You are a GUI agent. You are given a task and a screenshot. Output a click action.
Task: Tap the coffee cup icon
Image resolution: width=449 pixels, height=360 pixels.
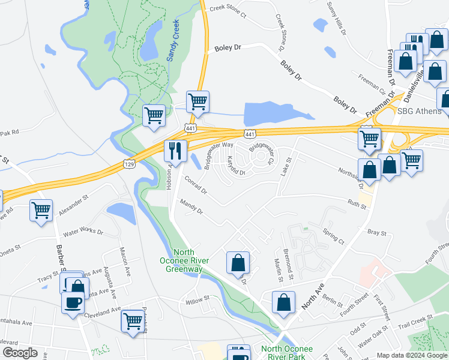pos(73,302)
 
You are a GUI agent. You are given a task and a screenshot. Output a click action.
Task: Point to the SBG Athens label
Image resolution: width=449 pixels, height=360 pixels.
pos(420,111)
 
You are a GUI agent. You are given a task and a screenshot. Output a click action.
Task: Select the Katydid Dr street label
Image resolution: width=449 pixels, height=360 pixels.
pos(237,166)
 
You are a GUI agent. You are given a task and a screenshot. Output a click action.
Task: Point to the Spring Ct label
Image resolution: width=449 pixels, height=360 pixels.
pos(333,236)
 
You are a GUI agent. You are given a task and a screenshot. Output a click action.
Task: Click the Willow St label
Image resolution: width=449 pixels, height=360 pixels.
pos(197,298)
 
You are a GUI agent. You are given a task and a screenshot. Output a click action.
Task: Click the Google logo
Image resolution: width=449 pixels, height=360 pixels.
pos(20,353)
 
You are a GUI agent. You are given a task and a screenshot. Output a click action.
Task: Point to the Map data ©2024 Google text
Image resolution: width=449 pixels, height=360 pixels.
pos(412,355)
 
